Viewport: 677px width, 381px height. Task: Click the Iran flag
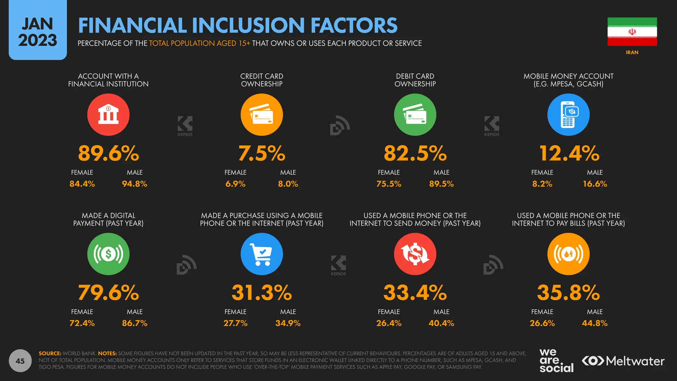click(x=632, y=32)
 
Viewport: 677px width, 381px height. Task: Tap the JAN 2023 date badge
click(x=38, y=32)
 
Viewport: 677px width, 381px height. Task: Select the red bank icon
click(x=108, y=115)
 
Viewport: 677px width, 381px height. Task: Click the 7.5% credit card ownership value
click(x=261, y=153)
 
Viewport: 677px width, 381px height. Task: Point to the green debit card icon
click(x=415, y=115)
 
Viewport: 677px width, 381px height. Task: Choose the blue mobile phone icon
click(x=568, y=115)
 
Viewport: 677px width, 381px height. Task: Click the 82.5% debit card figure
click(x=415, y=153)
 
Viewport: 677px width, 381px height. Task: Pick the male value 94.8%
click(x=135, y=184)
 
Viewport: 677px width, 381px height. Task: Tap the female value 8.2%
click(x=542, y=184)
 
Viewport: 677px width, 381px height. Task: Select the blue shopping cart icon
click(x=261, y=254)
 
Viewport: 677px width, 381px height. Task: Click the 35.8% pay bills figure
click(x=568, y=293)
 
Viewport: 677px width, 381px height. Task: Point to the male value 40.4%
click(x=441, y=323)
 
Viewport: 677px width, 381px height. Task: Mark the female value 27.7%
click(x=235, y=323)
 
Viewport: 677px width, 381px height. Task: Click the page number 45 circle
click(x=20, y=361)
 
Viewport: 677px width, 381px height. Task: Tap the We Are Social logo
click(x=556, y=361)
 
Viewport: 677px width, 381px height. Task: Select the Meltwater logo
click(x=623, y=361)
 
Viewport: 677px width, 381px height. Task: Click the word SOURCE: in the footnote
click(x=50, y=354)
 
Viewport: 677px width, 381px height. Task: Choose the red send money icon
click(x=415, y=254)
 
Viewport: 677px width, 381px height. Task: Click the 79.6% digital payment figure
click(x=108, y=293)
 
